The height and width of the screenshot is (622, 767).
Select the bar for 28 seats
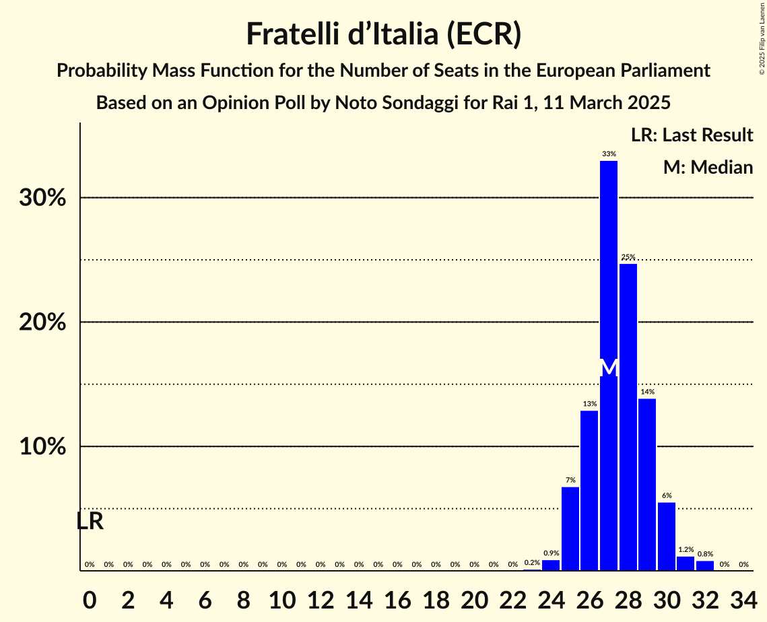coord(628,417)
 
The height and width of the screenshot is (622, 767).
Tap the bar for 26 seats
coord(589,491)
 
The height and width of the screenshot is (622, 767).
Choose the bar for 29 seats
coord(647,485)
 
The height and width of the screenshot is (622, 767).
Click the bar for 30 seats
coord(667,537)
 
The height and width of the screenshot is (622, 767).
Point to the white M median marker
coord(609,368)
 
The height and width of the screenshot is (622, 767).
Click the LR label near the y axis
coord(90,521)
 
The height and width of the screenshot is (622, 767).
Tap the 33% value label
coord(609,154)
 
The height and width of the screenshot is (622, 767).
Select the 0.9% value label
coord(551,553)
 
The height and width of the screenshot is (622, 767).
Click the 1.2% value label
coord(686,550)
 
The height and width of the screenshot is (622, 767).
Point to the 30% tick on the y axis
coord(42,198)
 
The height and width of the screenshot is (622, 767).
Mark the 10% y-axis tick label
coord(42,447)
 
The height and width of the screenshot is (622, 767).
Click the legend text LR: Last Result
coord(692,135)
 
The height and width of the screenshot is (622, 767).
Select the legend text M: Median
coord(708,168)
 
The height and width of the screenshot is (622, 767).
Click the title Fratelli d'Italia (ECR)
coord(383,34)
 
